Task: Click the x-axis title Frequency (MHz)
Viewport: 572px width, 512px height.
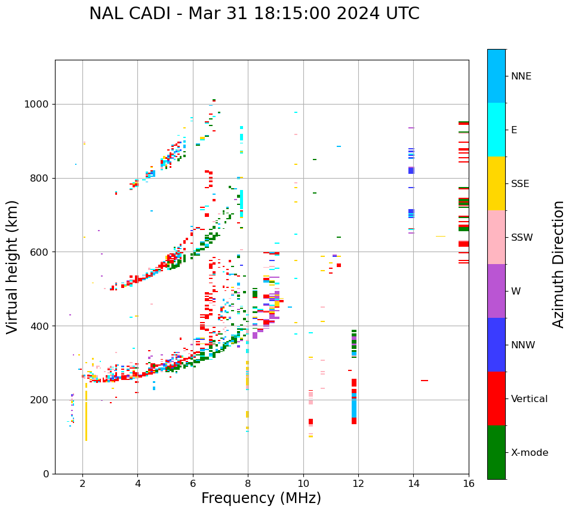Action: click(x=261, y=498)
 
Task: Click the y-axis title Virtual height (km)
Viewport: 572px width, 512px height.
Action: click(x=13, y=267)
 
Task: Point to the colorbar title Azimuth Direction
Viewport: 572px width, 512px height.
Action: click(x=558, y=264)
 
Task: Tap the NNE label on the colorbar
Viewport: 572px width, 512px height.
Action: click(x=521, y=76)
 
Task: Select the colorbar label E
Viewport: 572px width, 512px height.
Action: click(x=514, y=130)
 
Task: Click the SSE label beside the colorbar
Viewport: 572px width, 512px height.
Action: click(x=519, y=184)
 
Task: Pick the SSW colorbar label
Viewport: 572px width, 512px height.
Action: click(x=521, y=238)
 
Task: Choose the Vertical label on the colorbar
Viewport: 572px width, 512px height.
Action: click(x=529, y=399)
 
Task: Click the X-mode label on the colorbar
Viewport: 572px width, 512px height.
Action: click(x=529, y=453)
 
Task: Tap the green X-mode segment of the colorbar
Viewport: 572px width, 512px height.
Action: click(x=496, y=452)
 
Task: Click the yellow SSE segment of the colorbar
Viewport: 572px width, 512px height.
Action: click(x=496, y=183)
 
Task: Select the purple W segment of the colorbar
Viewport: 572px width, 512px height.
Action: click(x=496, y=291)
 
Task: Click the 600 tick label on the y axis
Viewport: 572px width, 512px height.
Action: click(x=41, y=252)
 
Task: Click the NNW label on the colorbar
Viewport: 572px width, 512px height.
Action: click(x=523, y=345)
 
